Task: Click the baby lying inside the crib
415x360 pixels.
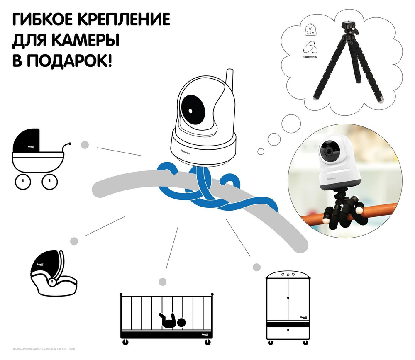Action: coord(172,320)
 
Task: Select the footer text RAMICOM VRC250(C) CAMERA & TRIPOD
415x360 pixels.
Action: coord(40,350)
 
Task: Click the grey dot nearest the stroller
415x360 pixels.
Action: coord(85,145)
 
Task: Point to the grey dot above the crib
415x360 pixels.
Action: coord(163,282)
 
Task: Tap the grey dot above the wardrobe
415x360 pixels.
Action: coord(257,267)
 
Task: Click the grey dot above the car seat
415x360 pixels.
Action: coord(75,241)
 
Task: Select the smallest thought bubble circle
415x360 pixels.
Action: coord(261,151)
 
